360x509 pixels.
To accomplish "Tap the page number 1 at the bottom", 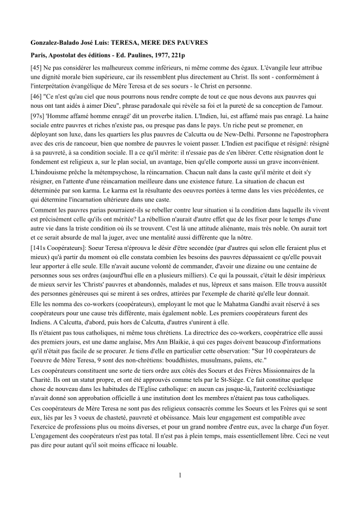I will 180,474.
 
